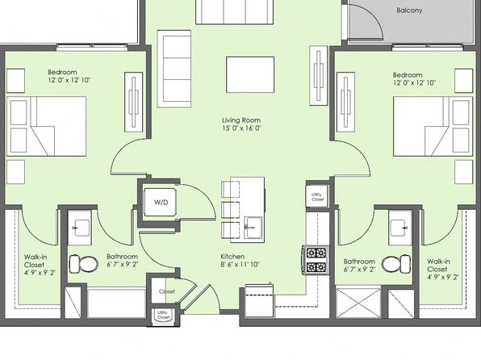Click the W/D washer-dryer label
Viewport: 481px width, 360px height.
pos(161,203)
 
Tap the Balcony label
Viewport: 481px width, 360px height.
pos(409,10)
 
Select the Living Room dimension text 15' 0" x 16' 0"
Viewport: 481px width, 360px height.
pos(241,128)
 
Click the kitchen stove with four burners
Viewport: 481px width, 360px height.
pos(316,260)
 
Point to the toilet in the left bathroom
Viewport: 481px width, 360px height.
pos(84,264)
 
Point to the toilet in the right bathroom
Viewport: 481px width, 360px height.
pos(396,263)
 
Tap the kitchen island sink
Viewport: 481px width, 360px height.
pos(253,228)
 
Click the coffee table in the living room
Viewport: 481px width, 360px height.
pos(250,74)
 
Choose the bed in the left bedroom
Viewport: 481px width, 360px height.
pos(46,127)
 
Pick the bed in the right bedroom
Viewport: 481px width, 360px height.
pos(433,127)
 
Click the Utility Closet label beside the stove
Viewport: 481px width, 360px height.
pos(317,197)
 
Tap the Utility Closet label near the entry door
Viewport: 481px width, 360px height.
pos(163,315)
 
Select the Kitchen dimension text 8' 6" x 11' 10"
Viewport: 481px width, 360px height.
pos(240,264)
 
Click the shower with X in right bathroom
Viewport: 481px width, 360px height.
pos(358,303)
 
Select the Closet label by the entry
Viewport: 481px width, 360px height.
pos(167,291)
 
